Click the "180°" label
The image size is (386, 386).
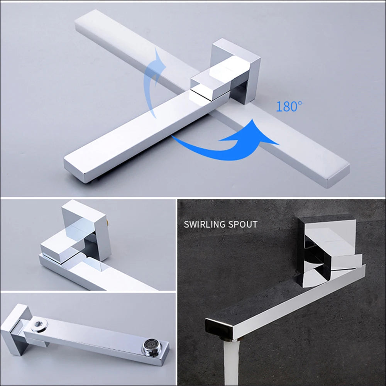click(x=289, y=107)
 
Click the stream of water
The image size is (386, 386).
click(x=231, y=363)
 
